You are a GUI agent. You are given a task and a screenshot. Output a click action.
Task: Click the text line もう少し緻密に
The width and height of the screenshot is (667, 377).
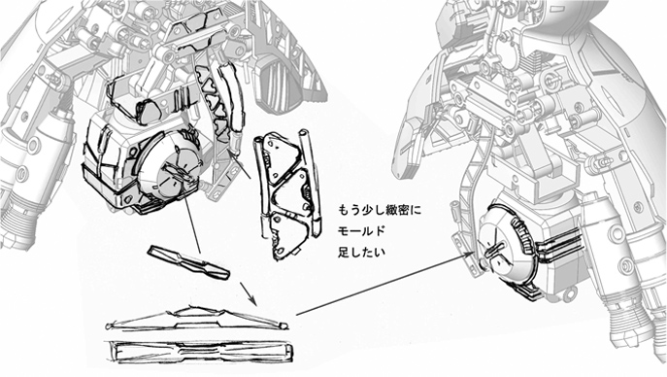[380, 210]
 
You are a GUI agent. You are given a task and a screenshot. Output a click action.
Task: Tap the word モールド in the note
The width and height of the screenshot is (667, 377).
[361, 231]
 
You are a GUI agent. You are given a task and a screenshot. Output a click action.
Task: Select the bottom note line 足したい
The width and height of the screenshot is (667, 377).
[361, 252]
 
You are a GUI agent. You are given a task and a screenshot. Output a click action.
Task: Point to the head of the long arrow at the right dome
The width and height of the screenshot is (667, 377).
[474, 253]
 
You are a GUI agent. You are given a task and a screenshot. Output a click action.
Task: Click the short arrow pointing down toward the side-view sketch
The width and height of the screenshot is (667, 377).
[249, 293]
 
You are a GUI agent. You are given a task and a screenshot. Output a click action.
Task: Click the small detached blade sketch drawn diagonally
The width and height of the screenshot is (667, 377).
[189, 262]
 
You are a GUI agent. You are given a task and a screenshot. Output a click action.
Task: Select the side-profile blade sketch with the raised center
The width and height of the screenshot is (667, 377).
[197, 319]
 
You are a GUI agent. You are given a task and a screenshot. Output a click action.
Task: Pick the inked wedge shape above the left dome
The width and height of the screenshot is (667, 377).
[148, 110]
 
